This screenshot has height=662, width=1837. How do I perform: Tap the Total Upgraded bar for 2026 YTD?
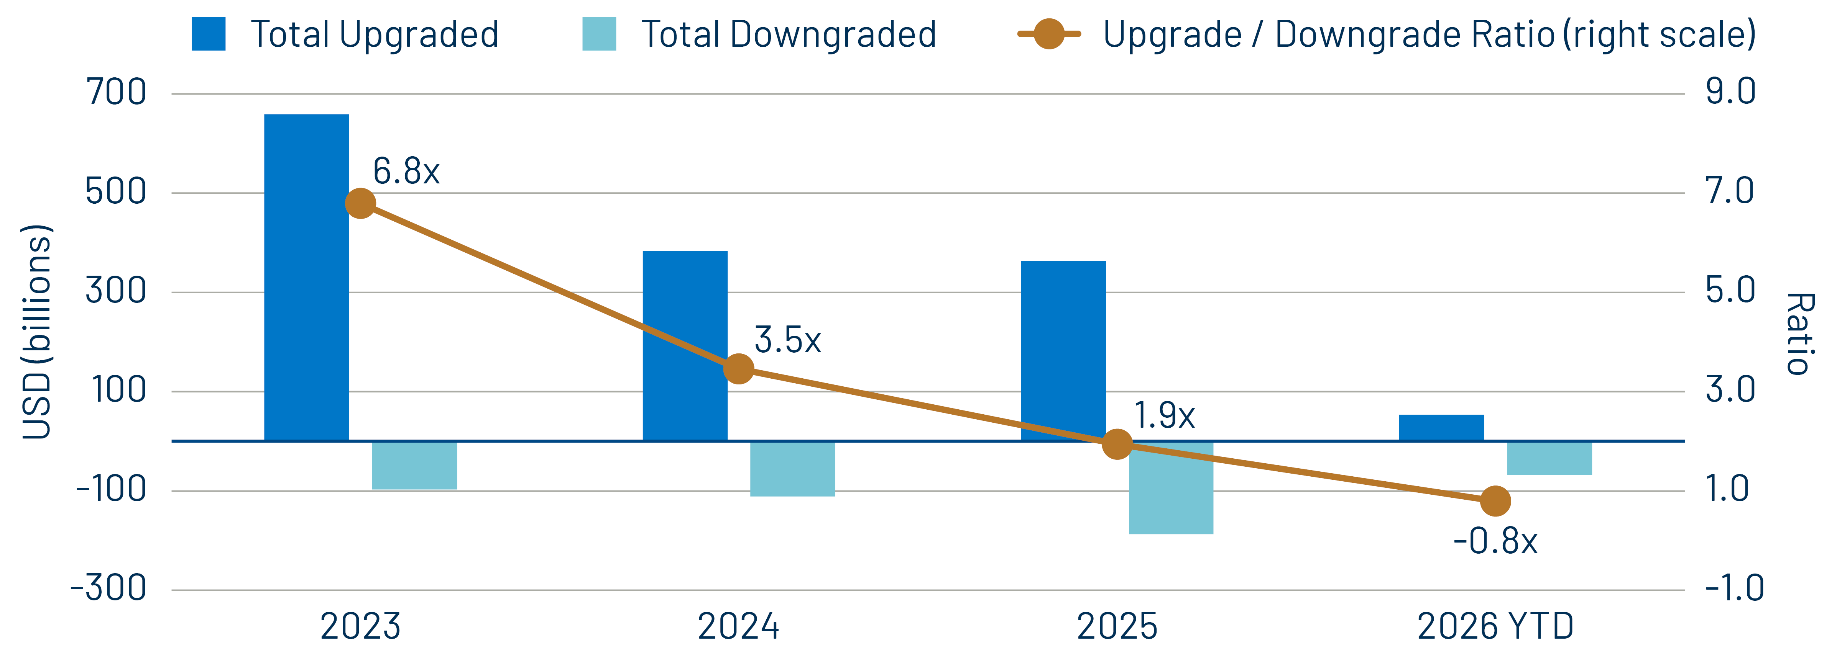pyautogui.click(x=1441, y=428)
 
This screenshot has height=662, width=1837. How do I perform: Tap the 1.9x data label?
pyautogui.click(x=1164, y=415)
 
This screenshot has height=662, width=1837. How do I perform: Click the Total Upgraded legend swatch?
pyautogui.click(x=208, y=34)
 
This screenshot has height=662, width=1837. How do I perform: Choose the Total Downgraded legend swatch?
pyautogui.click(x=599, y=34)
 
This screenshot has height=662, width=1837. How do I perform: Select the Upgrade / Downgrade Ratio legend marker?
pyautogui.click(x=1049, y=34)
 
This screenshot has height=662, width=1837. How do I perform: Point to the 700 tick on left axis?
pyautogui.click(x=115, y=93)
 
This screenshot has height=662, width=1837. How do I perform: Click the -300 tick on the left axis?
pyautogui.click(x=108, y=588)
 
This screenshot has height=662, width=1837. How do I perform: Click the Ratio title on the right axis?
pyautogui.click(x=1799, y=333)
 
